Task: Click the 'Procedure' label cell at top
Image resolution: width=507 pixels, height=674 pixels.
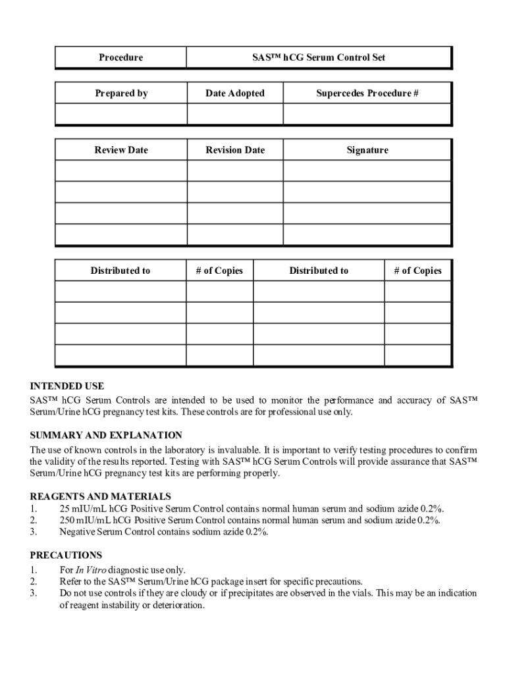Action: (120, 57)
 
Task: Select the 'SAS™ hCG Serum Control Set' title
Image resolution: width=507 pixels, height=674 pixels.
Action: (319, 57)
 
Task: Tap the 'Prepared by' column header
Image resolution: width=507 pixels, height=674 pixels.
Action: (121, 93)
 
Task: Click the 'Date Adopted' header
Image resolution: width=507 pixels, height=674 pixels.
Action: (235, 93)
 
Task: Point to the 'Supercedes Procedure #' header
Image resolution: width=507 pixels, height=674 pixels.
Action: (367, 93)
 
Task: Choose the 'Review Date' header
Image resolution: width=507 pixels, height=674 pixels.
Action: (121, 150)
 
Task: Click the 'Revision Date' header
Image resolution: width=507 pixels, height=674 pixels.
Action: (235, 150)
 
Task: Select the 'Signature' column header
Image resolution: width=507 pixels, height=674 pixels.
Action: (367, 150)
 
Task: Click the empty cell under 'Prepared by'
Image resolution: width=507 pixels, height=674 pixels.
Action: (121, 114)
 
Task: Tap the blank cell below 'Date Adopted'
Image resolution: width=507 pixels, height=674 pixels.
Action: (235, 114)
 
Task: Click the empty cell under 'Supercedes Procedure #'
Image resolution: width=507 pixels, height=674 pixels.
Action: (367, 114)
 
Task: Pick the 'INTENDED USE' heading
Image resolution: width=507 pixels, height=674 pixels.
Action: (67, 386)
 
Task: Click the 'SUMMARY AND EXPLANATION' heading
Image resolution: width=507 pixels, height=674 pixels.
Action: (106, 435)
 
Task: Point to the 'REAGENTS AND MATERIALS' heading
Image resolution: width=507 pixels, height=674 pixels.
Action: (101, 496)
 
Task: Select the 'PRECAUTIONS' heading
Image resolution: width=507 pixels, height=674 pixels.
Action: (66, 555)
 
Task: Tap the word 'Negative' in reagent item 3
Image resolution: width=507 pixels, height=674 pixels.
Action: (77, 532)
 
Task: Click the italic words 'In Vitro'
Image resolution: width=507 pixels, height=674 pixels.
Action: (91, 570)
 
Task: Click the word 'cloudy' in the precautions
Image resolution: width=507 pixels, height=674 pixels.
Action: (172, 593)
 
